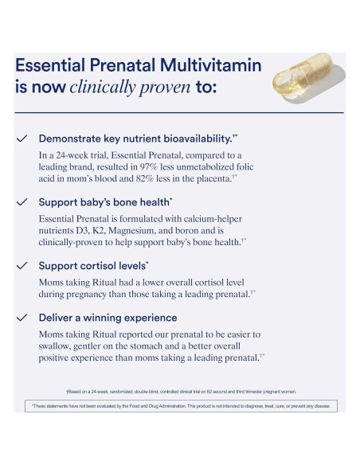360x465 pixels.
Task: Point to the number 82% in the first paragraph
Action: pyautogui.click(x=162, y=181)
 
